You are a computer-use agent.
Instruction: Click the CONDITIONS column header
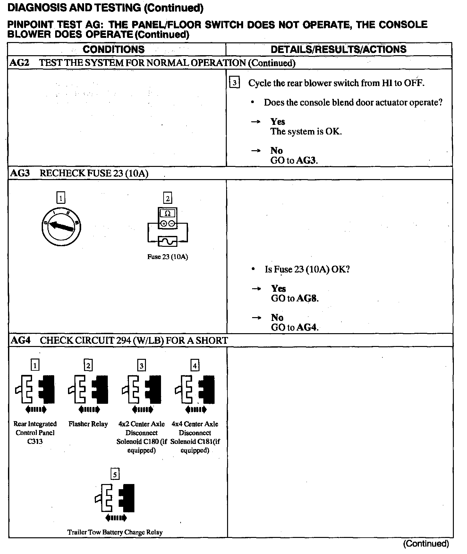(x=114, y=49)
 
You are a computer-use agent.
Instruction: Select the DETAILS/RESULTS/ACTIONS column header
(x=338, y=49)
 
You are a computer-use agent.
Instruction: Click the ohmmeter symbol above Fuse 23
(x=167, y=218)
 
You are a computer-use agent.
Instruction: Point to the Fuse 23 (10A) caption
(x=167, y=257)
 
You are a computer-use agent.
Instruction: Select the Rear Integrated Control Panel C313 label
(x=35, y=432)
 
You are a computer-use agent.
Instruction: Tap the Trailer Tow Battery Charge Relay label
(x=115, y=532)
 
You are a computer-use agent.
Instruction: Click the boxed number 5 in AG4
(x=115, y=474)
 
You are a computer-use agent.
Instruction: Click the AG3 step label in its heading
(x=20, y=173)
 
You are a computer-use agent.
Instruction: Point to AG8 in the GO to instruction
(x=307, y=298)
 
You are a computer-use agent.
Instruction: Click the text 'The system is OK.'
(x=306, y=132)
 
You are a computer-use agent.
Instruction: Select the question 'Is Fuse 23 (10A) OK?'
(x=307, y=269)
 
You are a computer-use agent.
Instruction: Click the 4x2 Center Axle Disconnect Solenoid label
(x=141, y=437)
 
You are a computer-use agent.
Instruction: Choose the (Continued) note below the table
(x=426, y=543)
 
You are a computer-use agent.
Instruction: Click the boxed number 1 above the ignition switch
(x=61, y=198)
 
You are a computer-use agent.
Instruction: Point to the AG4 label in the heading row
(x=21, y=340)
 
